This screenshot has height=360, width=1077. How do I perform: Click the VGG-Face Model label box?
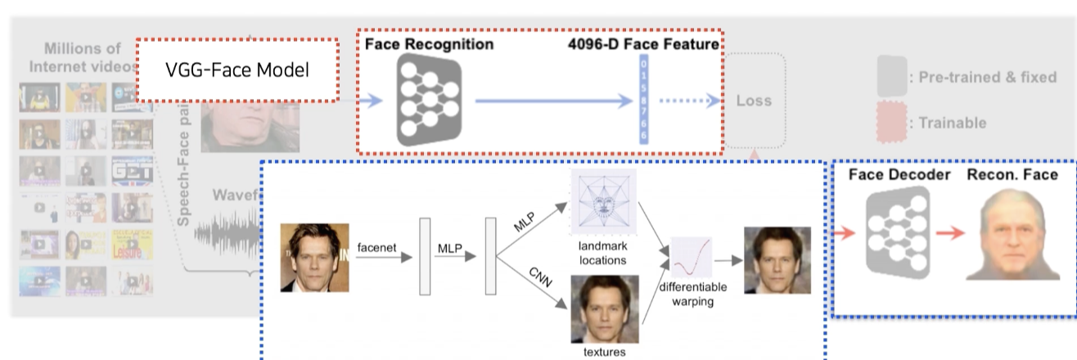coord(237,70)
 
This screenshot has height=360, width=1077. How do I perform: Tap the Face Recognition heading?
coord(429,44)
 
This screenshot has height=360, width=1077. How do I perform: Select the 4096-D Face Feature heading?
coord(644,44)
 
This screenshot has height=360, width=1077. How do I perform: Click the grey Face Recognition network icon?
coord(429,99)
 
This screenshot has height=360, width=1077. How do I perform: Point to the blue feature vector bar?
coord(644,100)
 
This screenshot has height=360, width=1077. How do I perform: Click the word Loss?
coord(754,101)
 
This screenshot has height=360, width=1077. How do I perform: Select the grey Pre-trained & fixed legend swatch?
coord(891,78)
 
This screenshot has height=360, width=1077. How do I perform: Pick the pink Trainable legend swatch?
coord(891,123)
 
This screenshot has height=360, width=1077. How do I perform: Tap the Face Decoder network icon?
coord(898,231)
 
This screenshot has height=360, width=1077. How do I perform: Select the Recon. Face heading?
coord(1012,174)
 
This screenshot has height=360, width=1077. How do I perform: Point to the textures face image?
coord(605,308)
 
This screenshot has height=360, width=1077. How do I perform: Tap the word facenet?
coord(375,246)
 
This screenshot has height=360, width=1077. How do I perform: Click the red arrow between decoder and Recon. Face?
coord(951,233)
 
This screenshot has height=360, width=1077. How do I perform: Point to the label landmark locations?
coord(602,253)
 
